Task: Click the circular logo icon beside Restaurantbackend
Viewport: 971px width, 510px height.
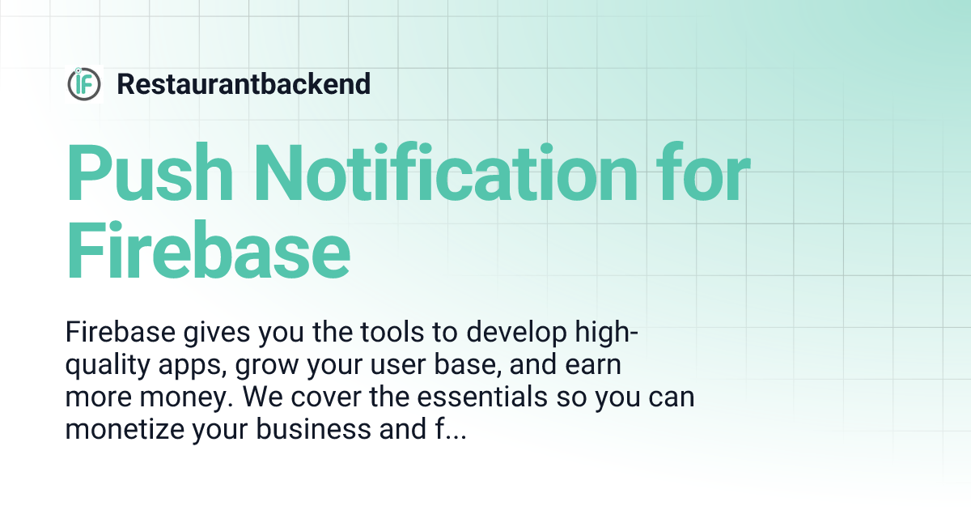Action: tap(84, 84)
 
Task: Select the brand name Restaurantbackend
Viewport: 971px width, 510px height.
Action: tap(244, 83)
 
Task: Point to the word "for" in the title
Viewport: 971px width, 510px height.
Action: tap(704, 175)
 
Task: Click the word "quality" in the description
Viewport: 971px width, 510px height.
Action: tap(108, 367)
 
